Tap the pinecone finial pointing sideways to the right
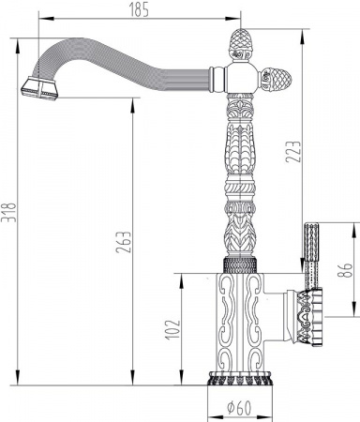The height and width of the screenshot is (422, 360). pyautogui.click(x=278, y=78)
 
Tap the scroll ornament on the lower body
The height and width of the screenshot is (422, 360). pyautogui.click(x=233, y=319)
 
